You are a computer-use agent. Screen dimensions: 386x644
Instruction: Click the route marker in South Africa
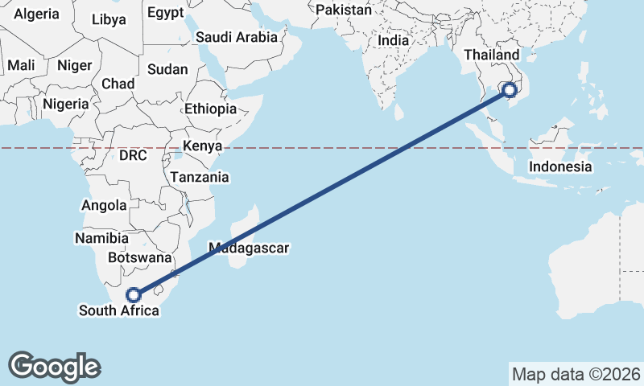point(134,295)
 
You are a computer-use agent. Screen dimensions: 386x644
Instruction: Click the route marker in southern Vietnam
point(509,89)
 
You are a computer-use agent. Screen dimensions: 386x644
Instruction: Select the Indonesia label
point(560,167)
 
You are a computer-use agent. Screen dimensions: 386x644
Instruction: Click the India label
point(394,40)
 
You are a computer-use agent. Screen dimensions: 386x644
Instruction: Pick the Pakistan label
point(344,10)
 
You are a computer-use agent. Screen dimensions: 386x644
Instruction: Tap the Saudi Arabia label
point(237,37)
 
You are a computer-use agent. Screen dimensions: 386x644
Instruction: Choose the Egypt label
point(166,13)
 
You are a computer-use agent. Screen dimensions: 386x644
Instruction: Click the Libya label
point(109,19)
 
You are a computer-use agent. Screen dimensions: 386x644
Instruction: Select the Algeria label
point(37,14)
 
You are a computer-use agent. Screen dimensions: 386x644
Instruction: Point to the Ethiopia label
point(210,109)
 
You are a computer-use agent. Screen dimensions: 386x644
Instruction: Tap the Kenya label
point(201,146)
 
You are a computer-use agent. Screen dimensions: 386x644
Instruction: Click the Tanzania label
point(199,177)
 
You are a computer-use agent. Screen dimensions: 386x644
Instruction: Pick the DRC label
point(133,155)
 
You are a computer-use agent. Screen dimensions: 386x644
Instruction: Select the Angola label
point(104,205)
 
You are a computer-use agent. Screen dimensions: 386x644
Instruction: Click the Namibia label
point(101,238)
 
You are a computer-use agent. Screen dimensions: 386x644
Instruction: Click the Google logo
point(54,367)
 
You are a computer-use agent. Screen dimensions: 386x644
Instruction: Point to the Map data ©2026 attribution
point(576,374)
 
